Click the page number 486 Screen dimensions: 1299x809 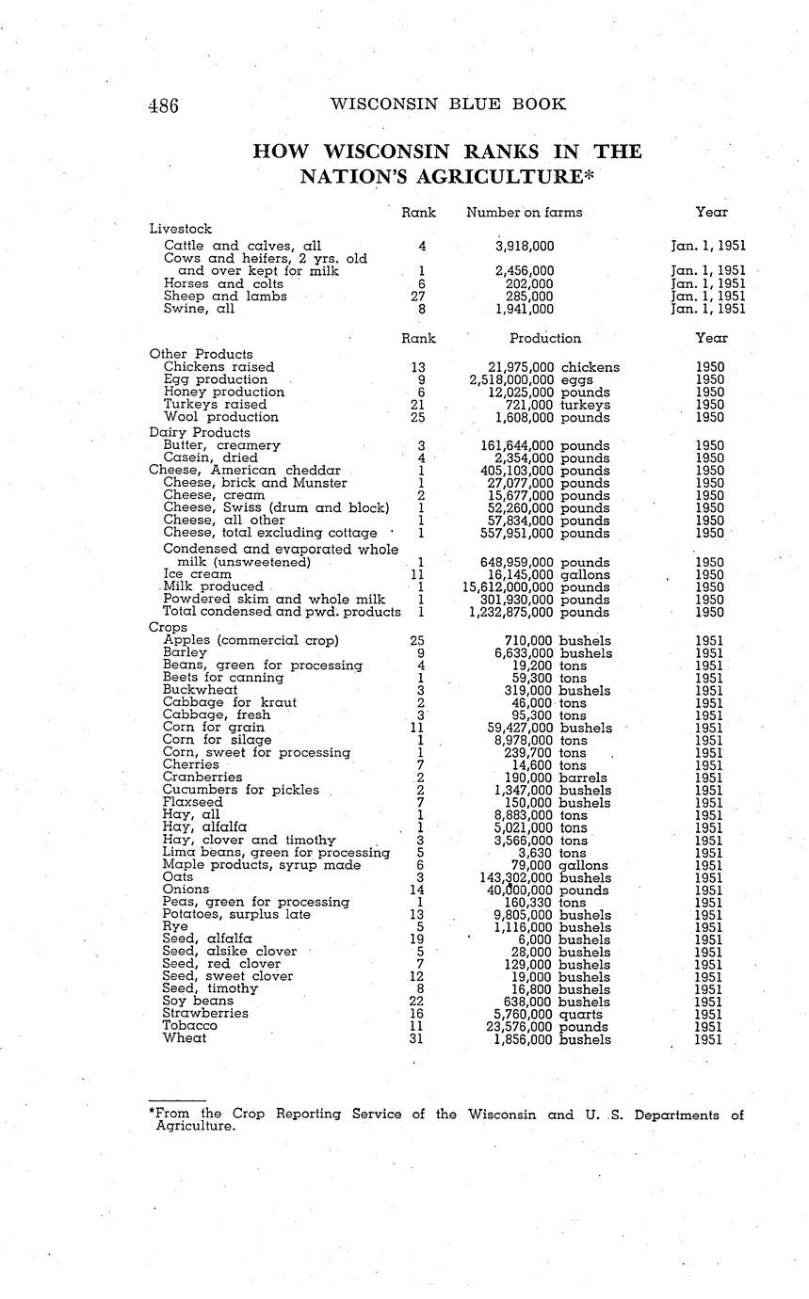(x=163, y=105)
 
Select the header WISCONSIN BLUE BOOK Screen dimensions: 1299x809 (x=448, y=104)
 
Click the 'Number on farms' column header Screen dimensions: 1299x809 (x=524, y=213)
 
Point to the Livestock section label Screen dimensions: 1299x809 (x=180, y=229)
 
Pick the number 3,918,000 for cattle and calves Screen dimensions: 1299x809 (x=524, y=247)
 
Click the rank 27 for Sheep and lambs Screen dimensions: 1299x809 (x=419, y=297)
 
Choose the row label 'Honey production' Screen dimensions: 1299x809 (x=223, y=393)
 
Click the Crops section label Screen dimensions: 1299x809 (x=168, y=627)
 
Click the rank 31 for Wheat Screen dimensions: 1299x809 (x=416, y=1039)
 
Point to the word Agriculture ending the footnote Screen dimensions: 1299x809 (x=193, y=1126)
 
